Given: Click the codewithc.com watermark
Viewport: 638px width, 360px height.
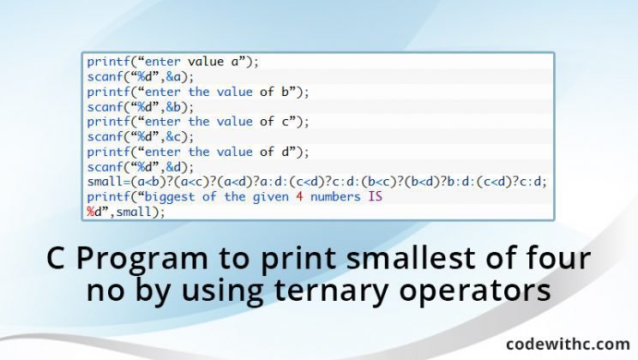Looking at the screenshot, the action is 568,344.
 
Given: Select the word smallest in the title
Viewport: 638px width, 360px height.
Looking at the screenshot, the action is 411,258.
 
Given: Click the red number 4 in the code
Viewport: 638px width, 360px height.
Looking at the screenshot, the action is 299,197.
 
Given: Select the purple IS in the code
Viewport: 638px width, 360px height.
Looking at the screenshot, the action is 375,197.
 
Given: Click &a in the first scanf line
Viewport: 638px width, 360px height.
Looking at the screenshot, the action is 173,77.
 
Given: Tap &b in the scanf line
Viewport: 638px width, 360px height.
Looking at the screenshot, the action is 173,107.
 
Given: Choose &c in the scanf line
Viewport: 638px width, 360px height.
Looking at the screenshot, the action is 173,137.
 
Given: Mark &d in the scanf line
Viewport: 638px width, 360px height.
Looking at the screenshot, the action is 173,167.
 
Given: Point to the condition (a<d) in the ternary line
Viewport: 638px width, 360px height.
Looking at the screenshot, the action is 232,182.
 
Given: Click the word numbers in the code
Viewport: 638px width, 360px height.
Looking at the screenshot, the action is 335,197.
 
